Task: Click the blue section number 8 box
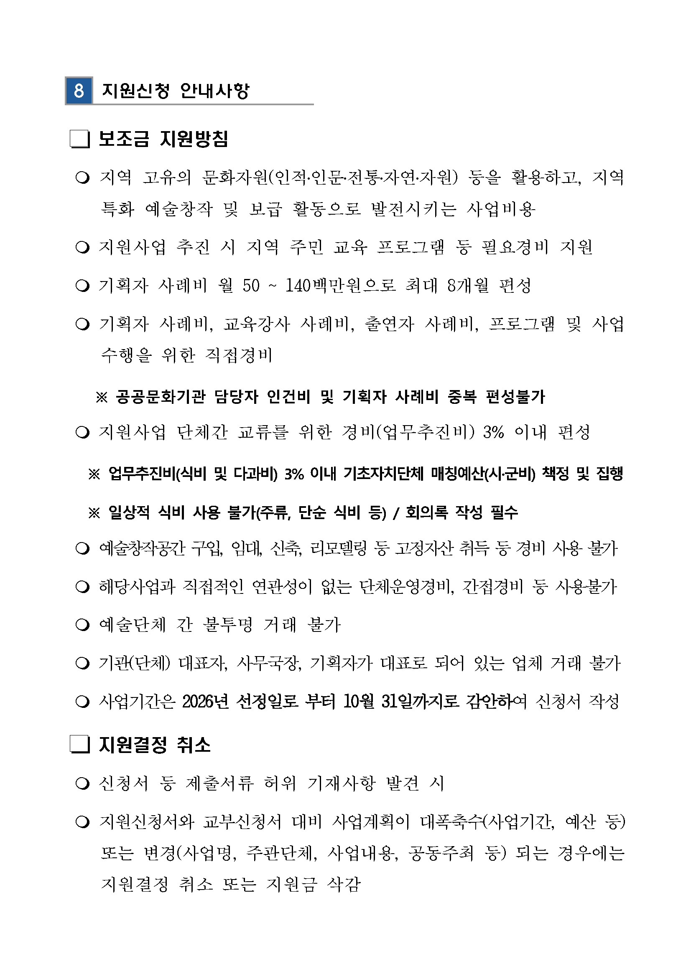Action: tap(79, 91)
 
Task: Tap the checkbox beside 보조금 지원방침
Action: tap(79, 139)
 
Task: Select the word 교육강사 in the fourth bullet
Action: tap(256, 324)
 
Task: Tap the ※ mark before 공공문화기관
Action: tap(101, 398)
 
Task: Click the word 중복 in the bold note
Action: tap(462, 397)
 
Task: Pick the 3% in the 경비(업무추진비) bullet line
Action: tap(493, 432)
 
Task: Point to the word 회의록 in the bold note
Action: tap(426, 512)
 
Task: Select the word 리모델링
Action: tap(338, 548)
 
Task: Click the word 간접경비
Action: tap(492, 587)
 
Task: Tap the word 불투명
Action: tap(228, 625)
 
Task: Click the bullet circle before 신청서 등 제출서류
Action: tap(82, 783)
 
